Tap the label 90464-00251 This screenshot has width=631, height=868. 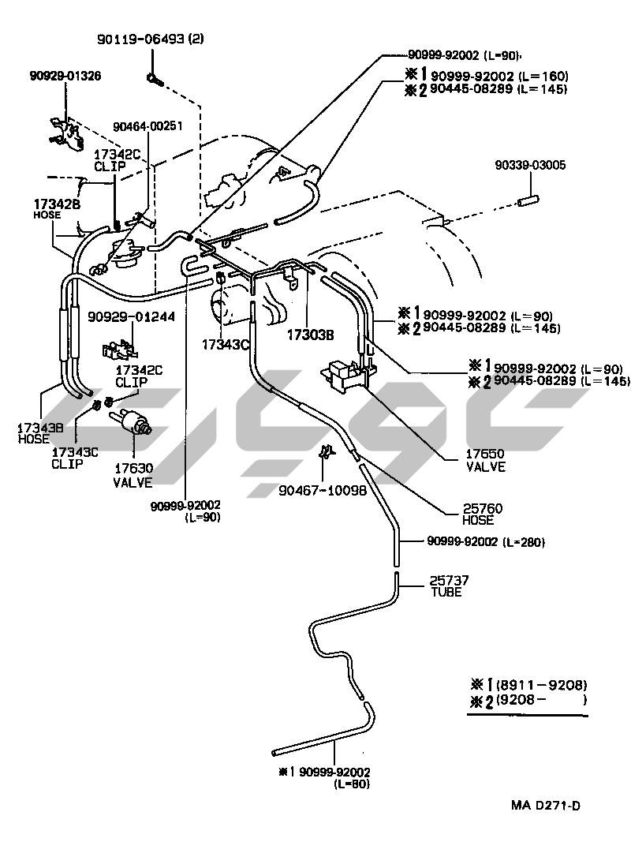(x=147, y=125)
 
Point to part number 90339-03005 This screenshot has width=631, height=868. (x=530, y=166)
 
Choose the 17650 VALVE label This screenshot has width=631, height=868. (x=485, y=460)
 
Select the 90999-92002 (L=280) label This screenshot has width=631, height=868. (x=486, y=542)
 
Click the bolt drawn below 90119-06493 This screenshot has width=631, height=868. (x=155, y=78)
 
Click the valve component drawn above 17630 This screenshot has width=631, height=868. (x=135, y=427)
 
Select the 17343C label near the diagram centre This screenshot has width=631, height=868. (x=225, y=344)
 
